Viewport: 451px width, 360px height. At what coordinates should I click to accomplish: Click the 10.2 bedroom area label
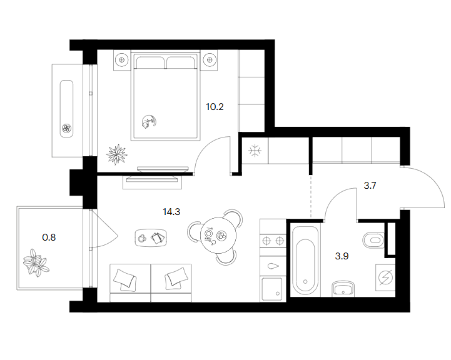click(x=215, y=107)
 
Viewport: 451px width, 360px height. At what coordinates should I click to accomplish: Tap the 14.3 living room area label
click(x=171, y=212)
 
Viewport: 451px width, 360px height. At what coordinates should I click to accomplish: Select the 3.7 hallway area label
click(x=370, y=186)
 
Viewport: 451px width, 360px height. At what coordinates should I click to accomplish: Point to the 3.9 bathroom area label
click(x=342, y=256)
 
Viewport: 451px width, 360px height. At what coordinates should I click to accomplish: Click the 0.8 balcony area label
click(x=49, y=237)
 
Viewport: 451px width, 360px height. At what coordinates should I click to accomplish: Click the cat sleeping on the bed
click(x=149, y=121)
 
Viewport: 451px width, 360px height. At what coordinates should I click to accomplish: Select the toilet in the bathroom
click(x=373, y=240)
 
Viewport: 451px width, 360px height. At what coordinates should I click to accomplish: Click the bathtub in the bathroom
click(x=305, y=261)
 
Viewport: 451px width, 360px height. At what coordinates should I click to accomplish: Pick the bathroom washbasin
click(x=343, y=289)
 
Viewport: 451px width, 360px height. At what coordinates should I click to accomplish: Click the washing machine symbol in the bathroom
click(x=385, y=278)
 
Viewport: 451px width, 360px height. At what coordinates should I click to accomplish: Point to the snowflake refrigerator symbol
click(x=255, y=151)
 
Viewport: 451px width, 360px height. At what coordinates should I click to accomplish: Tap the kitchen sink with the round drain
click(x=272, y=289)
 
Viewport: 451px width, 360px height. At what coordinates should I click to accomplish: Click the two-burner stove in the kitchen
click(x=273, y=241)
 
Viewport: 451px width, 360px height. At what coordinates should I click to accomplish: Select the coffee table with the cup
click(x=151, y=237)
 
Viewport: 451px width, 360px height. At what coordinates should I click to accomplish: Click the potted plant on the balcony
click(x=36, y=262)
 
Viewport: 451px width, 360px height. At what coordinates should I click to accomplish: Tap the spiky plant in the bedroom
click(x=116, y=154)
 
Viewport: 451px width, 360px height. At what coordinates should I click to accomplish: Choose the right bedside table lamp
click(x=210, y=60)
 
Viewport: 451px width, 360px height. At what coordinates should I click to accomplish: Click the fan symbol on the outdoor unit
click(x=67, y=128)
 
